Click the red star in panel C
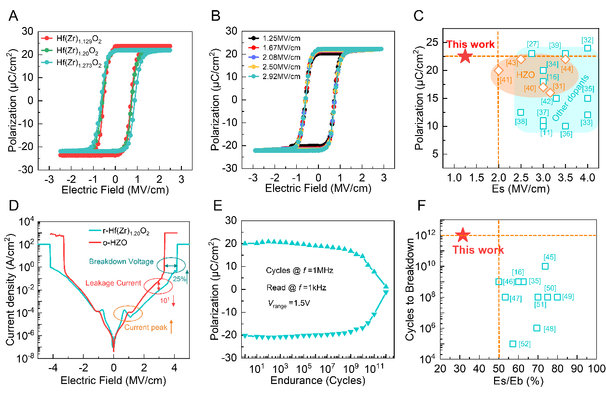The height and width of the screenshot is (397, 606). click(x=465, y=56)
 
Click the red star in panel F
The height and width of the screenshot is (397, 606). click(x=463, y=235)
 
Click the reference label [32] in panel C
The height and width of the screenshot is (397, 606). click(x=588, y=40)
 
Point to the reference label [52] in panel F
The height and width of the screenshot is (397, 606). click(x=524, y=344)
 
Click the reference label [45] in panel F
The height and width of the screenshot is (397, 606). click(x=549, y=257)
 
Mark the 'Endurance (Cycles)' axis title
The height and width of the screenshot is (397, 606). click(x=317, y=381)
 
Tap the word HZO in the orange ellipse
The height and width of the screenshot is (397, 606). click(x=525, y=75)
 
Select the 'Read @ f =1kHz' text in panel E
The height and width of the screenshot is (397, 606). click(x=296, y=288)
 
